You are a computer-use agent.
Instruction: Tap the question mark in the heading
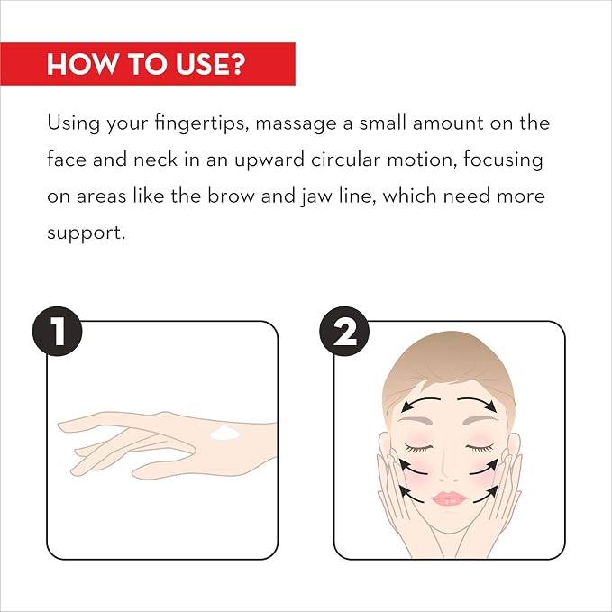point(236,64)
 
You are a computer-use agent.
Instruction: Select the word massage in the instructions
point(296,123)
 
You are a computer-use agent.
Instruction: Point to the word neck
point(155,160)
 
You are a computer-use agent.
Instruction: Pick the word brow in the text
point(231,196)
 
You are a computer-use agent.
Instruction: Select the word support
point(86,233)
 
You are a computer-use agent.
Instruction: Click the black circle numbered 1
point(58,331)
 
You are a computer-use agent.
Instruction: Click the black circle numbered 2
point(344,331)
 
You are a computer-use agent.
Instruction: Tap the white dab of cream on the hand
point(224,433)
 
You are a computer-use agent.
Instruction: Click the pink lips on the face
point(449,498)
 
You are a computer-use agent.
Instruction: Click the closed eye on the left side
point(418,448)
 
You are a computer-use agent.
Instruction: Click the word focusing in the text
point(503,160)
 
